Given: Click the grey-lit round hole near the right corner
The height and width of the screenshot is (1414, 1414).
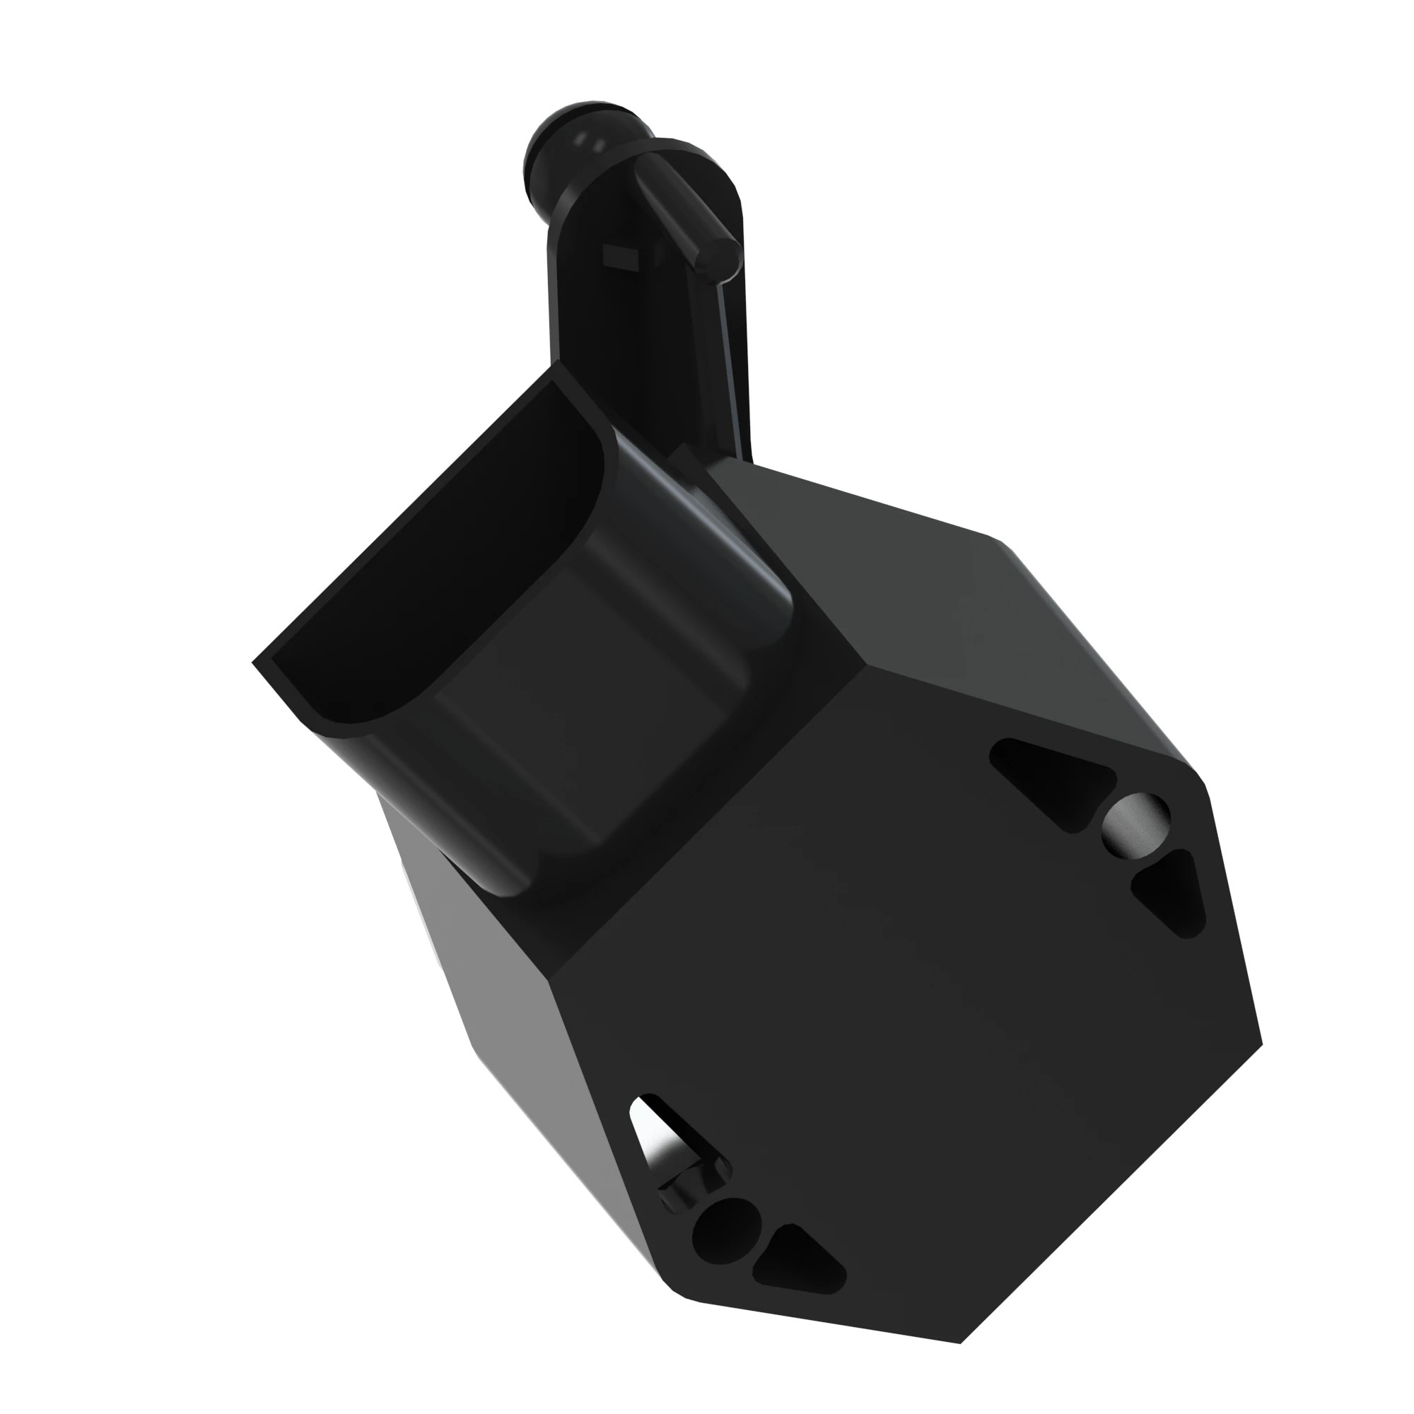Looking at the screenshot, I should point(1135,824).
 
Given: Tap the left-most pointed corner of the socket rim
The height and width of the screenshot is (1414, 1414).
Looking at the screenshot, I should point(254,662).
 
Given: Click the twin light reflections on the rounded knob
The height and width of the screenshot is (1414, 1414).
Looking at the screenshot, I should point(589,139).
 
